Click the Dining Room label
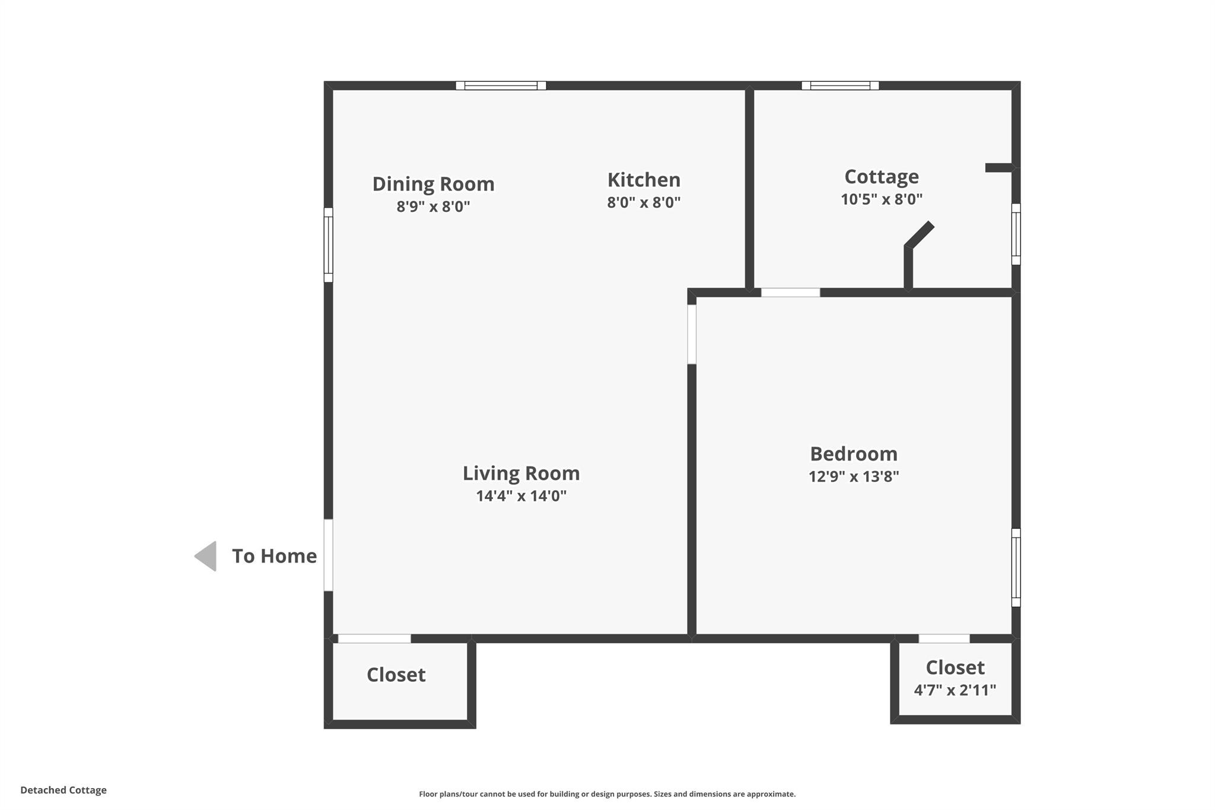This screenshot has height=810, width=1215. click(x=433, y=184)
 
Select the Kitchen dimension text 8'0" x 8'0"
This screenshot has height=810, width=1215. click(x=643, y=202)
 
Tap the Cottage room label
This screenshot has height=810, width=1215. click(x=881, y=177)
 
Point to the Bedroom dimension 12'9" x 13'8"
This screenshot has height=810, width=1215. click(x=853, y=477)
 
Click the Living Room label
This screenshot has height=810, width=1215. click(x=521, y=474)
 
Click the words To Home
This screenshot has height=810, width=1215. click(x=274, y=556)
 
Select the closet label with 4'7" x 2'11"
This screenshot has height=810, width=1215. click(x=955, y=668)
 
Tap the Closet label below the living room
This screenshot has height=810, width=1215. click(x=396, y=675)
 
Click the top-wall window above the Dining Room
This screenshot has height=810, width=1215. click(x=501, y=85)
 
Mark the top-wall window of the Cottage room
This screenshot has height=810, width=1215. click(x=839, y=85)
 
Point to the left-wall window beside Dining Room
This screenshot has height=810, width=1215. click(x=328, y=244)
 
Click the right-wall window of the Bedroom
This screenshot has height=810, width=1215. click(x=1016, y=567)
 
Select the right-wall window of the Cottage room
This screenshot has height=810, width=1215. click(x=1016, y=234)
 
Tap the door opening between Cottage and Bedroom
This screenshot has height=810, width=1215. click(x=790, y=293)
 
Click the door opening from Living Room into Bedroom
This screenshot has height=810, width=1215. click(x=692, y=334)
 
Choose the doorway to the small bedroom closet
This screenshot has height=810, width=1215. click(x=944, y=639)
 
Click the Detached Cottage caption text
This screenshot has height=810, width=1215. click(x=63, y=790)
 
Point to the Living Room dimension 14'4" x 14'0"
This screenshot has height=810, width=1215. click(x=521, y=496)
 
